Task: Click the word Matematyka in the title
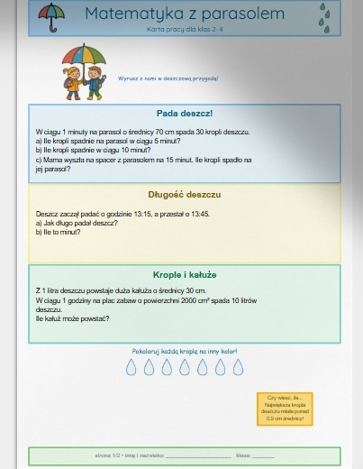[132, 14]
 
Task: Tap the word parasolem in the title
[239, 14]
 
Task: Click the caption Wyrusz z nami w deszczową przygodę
[168, 78]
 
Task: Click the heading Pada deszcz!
[184, 114]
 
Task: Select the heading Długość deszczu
[184, 194]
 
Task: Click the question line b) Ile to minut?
[58, 232]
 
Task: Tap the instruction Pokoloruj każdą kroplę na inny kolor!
[184, 350]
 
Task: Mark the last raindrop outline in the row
[238, 367]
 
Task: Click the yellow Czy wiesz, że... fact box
[285, 409]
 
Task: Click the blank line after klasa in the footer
[263, 455]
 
